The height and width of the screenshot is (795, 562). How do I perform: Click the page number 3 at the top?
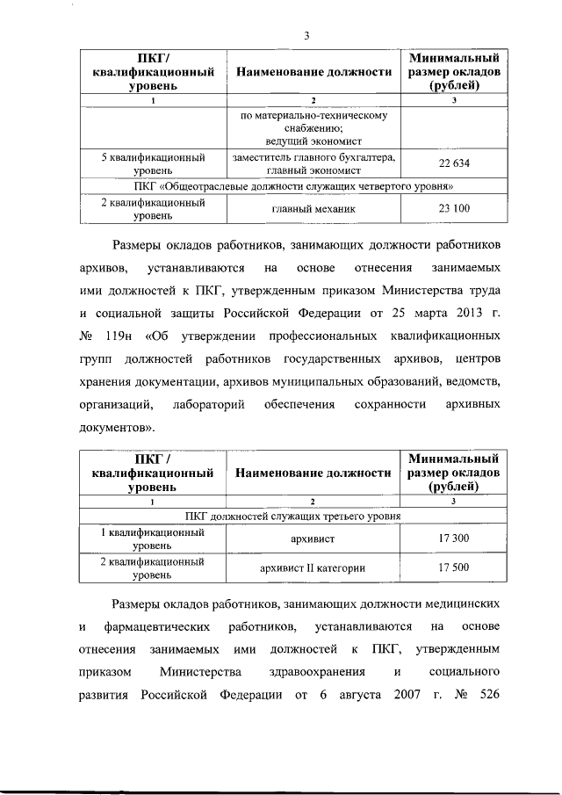pos(306,36)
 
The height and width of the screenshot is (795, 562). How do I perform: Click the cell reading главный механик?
pos(313,209)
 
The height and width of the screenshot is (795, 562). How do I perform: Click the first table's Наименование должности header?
pos(313,72)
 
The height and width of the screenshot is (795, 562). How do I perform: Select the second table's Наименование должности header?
pos(313,473)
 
